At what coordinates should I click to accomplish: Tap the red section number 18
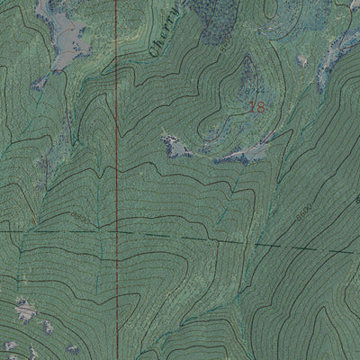pyautogui.click(x=256, y=106)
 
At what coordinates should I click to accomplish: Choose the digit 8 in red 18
pyautogui.click(x=261, y=106)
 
